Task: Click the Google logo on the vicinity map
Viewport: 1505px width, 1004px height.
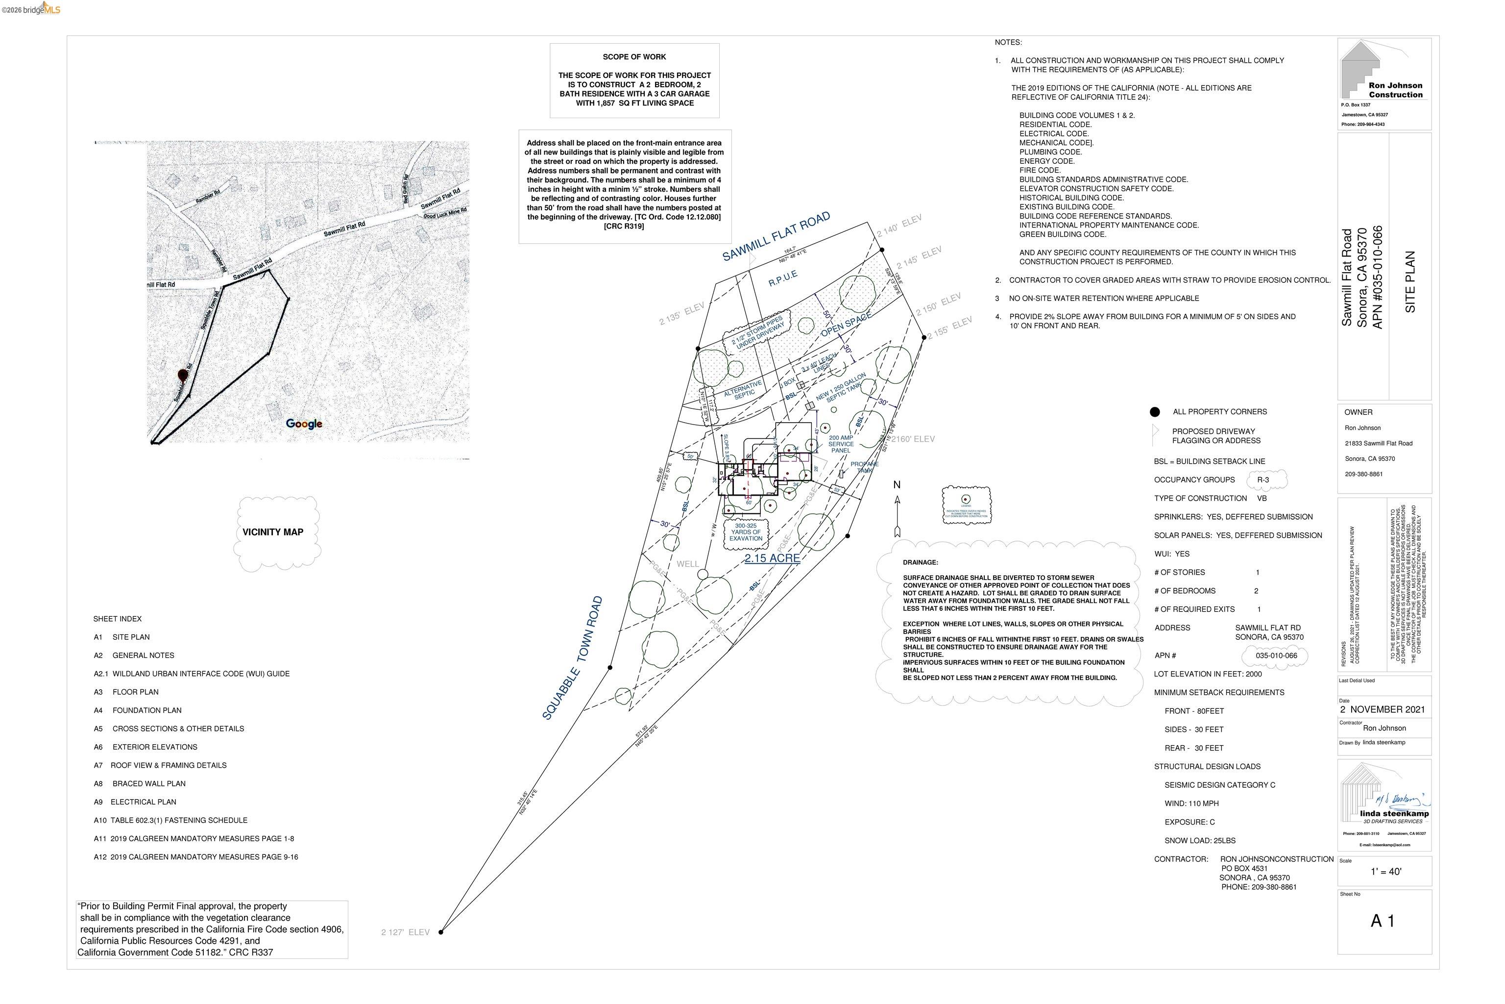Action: pyautogui.click(x=304, y=424)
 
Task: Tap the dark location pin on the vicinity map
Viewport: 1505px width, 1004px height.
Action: pyautogui.click(x=183, y=375)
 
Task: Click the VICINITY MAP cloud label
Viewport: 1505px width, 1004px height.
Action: pyautogui.click(x=272, y=532)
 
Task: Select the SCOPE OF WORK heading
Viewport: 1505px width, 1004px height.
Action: pyautogui.click(x=634, y=57)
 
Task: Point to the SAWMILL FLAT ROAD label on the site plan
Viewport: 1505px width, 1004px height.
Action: pyautogui.click(x=776, y=236)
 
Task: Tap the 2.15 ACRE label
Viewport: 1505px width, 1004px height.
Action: pyautogui.click(x=772, y=558)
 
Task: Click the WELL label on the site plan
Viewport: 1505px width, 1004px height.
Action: pyautogui.click(x=687, y=564)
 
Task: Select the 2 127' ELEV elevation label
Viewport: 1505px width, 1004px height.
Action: pyautogui.click(x=405, y=932)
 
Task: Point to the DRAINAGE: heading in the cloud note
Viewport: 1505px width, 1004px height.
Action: pyautogui.click(x=920, y=563)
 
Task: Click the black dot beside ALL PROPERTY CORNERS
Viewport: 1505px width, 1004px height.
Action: pyautogui.click(x=1155, y=412)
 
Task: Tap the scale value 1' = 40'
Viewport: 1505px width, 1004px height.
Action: pyautogui.click(x=1385, y=872)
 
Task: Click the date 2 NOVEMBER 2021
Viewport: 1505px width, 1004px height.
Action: pyautogui.click(x=1383, y=709)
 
